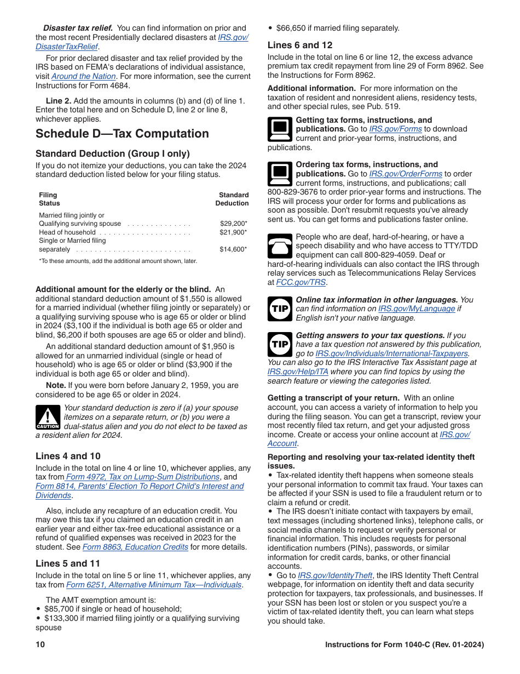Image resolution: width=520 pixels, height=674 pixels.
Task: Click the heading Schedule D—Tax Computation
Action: tap(122, 134)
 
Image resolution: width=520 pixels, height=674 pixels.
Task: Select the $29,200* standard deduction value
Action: tap(233, 224)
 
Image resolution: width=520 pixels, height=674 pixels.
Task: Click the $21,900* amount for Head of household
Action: tap(233, 232)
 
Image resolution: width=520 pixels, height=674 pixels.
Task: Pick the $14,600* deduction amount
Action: tap(233, 249)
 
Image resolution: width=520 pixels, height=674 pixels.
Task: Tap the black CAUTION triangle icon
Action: tap(48, 417)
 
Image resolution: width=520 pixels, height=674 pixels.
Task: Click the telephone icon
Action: tap(280, 246)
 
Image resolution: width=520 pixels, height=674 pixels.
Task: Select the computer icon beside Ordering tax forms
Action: tap(280, 174)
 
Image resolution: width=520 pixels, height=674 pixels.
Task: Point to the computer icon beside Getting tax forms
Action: tap(280, 129)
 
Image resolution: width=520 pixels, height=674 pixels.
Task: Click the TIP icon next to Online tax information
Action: tap(280, 309)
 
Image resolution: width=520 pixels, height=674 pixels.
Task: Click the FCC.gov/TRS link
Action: tap(301, 282)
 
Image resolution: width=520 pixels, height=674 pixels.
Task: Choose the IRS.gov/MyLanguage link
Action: tap(416, 309)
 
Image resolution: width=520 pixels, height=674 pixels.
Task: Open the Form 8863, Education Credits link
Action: tap(135, 547)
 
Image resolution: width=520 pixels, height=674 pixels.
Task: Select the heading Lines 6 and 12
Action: tap(300, 45)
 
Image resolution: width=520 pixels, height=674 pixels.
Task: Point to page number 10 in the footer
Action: tap(40, 644)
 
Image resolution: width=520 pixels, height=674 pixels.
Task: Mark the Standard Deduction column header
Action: tap(233, 199)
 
